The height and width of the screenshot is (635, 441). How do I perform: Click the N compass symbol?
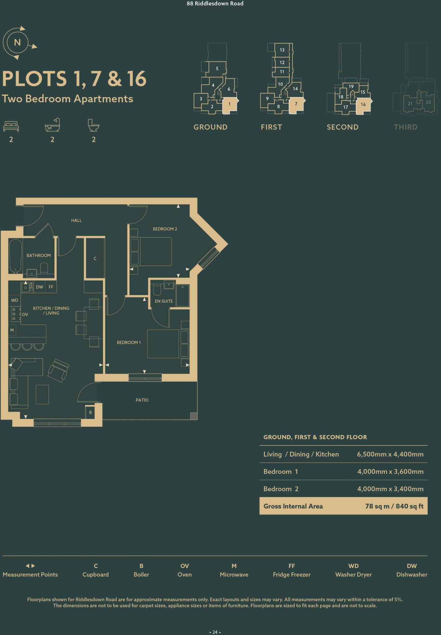point(17,42)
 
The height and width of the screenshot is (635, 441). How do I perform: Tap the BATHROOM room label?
point(38,255)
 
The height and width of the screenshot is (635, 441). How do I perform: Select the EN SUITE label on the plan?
point(164,301)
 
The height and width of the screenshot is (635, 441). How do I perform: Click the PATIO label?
point(142,400)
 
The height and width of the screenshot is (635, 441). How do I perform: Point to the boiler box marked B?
point(90,412)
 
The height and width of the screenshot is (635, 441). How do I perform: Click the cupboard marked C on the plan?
point(95,258)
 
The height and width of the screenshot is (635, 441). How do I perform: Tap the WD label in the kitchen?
point(15,300)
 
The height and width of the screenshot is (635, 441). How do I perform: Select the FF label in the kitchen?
point(51,287)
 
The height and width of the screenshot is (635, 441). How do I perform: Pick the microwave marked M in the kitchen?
point(12,330)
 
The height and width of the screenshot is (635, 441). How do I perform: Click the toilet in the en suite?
point(157,290)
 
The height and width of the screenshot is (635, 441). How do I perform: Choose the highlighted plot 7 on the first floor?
point(296,104)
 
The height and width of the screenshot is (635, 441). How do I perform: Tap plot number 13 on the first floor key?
point(282,50)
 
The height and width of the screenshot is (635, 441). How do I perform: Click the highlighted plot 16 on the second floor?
point(363,105)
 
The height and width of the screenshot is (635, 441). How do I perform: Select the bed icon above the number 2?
point(11,126)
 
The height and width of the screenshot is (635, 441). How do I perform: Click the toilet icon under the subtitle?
point(93,126)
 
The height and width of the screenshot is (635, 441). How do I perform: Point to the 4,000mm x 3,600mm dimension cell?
point(390,472)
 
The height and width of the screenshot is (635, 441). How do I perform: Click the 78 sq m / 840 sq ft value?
point(394,506)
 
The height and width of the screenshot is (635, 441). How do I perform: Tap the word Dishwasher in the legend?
point(412,575)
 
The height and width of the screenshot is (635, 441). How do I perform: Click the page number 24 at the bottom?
point(215,623)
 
